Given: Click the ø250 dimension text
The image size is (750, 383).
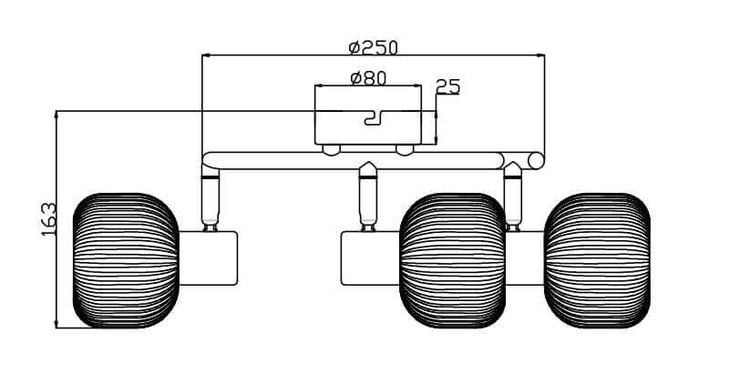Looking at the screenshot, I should pos(374,46).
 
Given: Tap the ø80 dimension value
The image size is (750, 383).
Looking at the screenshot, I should pos(368,78).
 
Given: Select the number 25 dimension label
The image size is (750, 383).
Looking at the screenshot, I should pos(447,87).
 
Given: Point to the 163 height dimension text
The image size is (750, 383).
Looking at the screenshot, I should pos(49,219).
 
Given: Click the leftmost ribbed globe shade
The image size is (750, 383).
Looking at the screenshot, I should pos(125,260).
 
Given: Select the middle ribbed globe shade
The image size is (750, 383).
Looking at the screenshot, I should pos(453,260).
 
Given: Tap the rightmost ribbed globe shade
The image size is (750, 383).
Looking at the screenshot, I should pos(597,260).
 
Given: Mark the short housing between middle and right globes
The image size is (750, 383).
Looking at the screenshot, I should pos(524,258).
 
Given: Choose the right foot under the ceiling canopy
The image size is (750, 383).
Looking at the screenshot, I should pos(405,148).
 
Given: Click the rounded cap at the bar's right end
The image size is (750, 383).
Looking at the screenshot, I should pos(536,161).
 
